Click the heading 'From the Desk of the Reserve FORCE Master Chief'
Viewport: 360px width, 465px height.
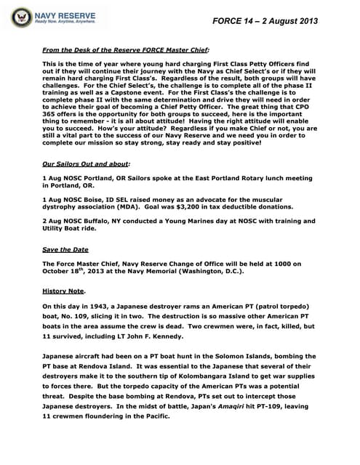tap(125, 49)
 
